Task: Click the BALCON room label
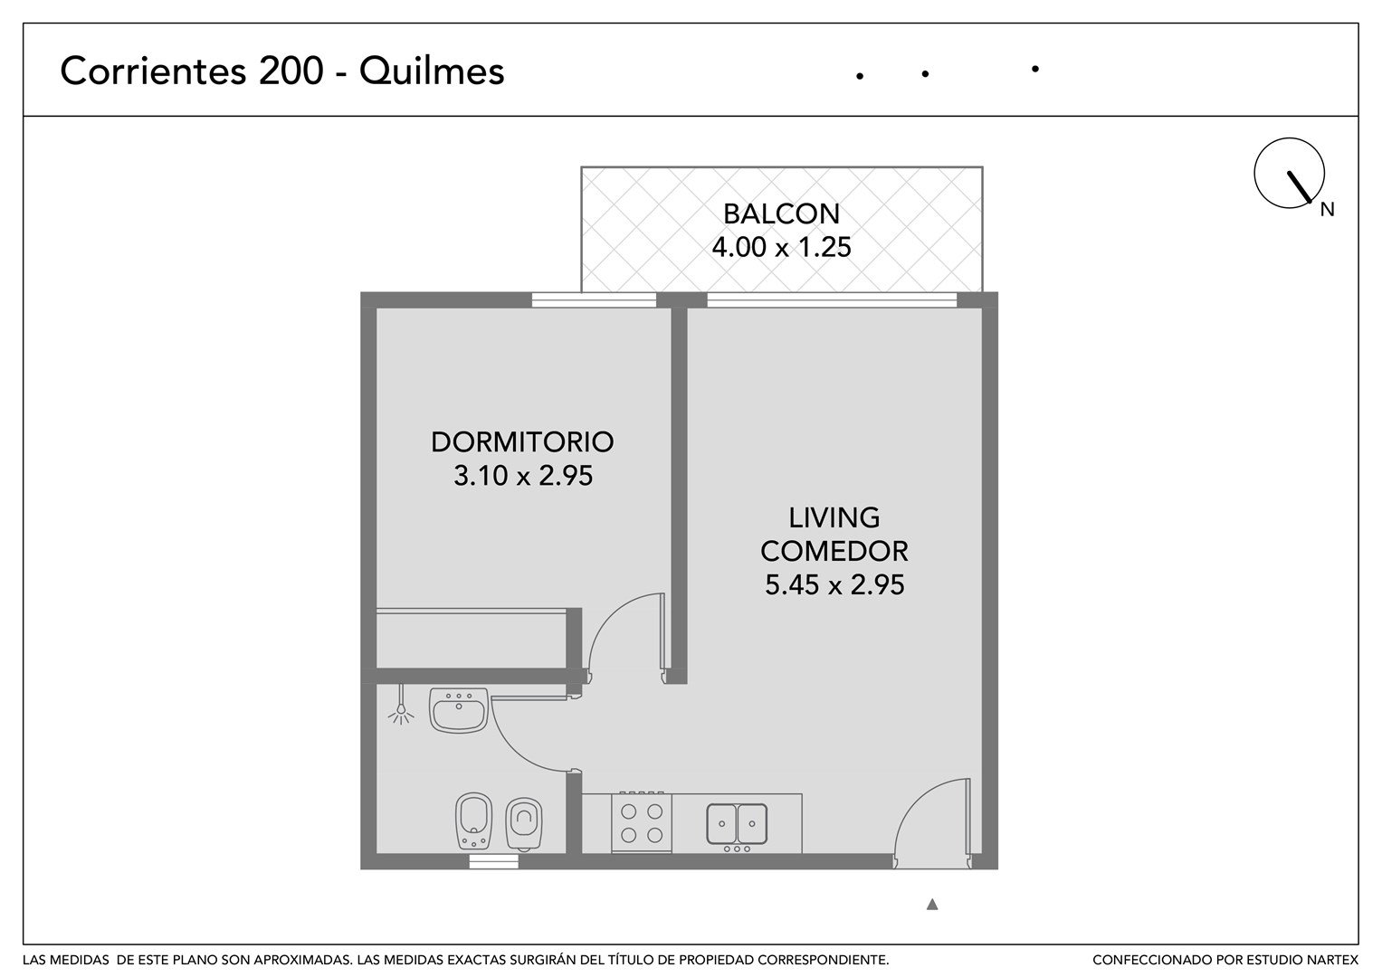[781, 214]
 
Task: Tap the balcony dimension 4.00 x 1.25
[781, 247]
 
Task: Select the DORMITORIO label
[522, 442]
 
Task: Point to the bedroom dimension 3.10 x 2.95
[522, 476]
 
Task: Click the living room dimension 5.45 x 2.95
[834, 584]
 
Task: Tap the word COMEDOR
[834, 552]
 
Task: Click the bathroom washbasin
[459, 710]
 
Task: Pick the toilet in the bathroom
[524, 825]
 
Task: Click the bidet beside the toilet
[474, 821]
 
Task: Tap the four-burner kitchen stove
[642, 822]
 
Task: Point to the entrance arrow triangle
[932, 905]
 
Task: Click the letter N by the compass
[1327, 210]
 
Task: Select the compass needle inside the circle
[1299, 187]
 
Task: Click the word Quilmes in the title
[432, 71]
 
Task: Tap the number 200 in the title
[291, 71]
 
